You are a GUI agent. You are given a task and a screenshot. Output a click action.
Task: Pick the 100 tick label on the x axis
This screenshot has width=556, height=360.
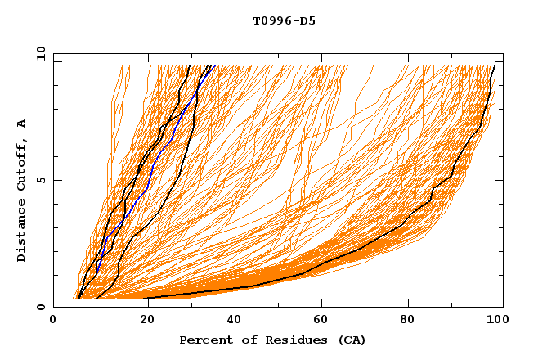pyautogui.click(x=496, y=321)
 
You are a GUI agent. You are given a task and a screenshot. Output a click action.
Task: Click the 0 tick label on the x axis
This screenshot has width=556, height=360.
pyautogui.click(x=53, y=321)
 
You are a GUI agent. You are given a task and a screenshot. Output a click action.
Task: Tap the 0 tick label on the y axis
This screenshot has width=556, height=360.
pyautogui.click(x=40, y=308)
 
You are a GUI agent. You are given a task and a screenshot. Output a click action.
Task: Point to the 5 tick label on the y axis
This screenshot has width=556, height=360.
pyautogui.click(x=40, y=180)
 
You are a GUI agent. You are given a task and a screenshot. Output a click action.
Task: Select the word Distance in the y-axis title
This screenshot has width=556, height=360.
pyautogui.click(x=22, y=232)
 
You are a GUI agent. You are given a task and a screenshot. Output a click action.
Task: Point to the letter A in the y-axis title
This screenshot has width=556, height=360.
pyautogui.click(x=22, y=123)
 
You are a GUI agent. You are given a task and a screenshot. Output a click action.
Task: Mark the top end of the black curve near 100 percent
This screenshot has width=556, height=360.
pyautogui.click(x=494, y=67)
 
